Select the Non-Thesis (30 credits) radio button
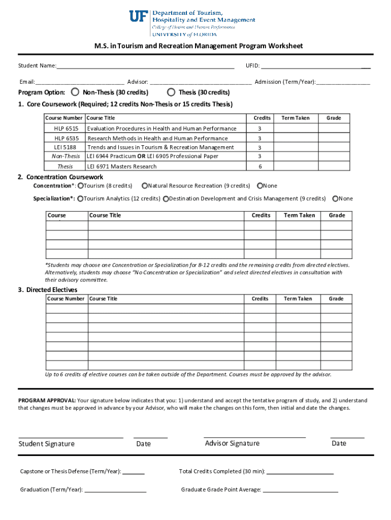[75, 92]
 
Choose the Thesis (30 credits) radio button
[171, 92]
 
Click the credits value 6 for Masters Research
[260, 167]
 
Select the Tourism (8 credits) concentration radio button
[81, 186]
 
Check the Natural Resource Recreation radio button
[145, 186]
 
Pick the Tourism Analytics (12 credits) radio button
[81, 199]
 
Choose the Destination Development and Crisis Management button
[166, 199]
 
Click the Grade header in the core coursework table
[334, 118]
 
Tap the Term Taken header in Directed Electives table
[298, 299]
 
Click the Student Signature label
[47, 444]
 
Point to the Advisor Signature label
[232, 443]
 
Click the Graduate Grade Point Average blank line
[300, 491]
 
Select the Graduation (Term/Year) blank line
[115, 491]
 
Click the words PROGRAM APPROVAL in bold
[47, 401]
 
